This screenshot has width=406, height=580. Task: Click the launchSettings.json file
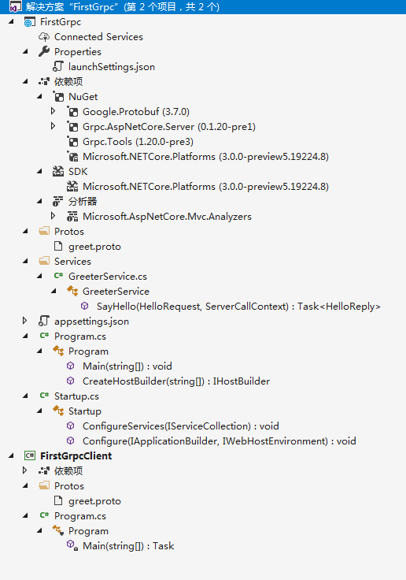[111, 67]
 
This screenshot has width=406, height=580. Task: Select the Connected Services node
[98, 37]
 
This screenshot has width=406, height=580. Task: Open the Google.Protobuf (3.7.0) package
[136, 112]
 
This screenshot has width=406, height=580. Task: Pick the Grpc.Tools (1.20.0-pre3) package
[138, 142]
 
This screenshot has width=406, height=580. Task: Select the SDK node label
[78, 172]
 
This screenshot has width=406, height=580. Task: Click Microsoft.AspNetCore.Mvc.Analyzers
[167, 217]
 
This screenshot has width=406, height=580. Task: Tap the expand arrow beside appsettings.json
[24, 321]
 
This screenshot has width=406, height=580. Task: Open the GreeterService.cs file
[108, 277]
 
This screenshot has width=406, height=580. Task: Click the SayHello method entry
[238, 307]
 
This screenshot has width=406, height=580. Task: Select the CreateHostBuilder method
[175, 381]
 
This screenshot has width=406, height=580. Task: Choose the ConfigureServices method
[181, 426]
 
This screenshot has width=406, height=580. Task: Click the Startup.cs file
[76, 396]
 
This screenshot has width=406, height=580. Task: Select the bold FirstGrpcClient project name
[76, 456]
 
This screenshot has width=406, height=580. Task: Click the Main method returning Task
[128, 546]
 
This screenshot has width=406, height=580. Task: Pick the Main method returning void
[127, 366]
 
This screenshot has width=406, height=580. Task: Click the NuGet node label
[83, 97]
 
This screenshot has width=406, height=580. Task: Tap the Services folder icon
[44, 261]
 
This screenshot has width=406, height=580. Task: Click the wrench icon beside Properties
[44, 51]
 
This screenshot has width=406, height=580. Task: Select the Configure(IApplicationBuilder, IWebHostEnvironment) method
[219, 441]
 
